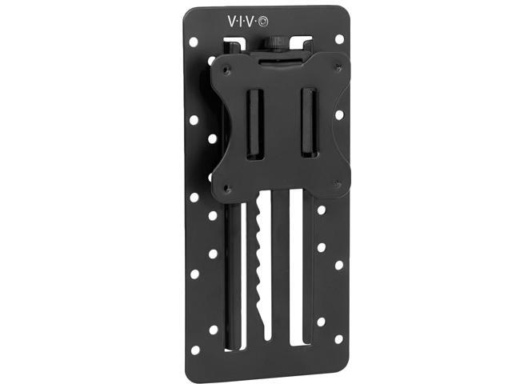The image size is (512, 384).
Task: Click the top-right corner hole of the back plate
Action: pyautogui.click(x=339, y=38)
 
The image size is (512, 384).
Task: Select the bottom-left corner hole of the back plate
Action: pyautogui.click(x=214, y=329)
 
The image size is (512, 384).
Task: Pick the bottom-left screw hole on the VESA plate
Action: pyautogui.click(x=229, y=188)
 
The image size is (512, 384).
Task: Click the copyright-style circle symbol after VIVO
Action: pyautogui.click(x=254, y=18)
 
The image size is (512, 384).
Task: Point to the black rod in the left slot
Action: pyautogui.click(x=232, y=264)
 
